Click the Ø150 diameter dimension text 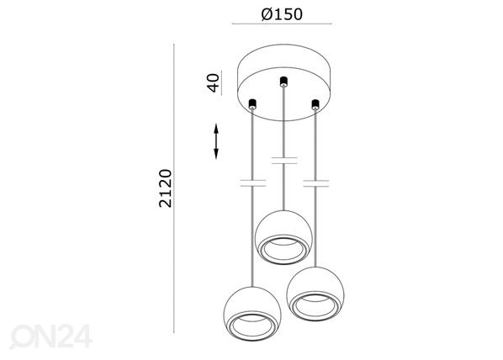point(282,14)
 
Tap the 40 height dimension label point(214,82)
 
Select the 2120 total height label point(166,188)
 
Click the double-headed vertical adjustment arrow point(216,141)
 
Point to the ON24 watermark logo point(50,336)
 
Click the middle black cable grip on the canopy point(283,82)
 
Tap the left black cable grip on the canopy point(252,103)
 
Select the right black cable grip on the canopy point(315,104)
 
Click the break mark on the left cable point(253,183)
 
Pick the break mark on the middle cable point(284,161)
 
